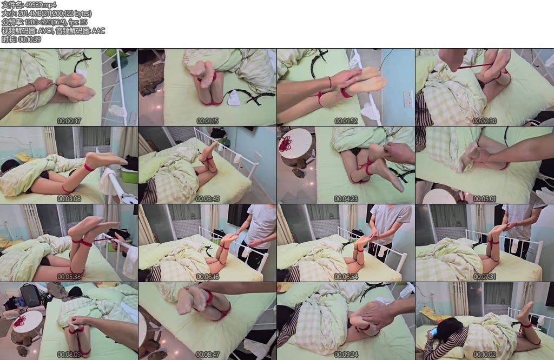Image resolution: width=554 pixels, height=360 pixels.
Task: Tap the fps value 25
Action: pos(83,22)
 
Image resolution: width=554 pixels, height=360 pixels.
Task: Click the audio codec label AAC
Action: pos(98,31)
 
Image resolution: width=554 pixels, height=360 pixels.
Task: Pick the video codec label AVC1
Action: pos(45,31)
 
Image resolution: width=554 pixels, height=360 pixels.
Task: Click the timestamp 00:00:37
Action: pos(69,121)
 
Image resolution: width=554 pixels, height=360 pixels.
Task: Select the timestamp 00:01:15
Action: pos(207,121)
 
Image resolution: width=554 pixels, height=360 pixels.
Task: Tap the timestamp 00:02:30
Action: pos(484,121)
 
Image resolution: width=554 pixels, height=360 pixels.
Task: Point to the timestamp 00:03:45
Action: pos(207,199)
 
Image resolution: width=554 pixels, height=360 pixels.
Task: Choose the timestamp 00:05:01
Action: pos(484,199)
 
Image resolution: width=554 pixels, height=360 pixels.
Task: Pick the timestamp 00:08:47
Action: pos(207,355)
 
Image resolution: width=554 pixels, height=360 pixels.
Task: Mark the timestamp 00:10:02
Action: pos(484,355)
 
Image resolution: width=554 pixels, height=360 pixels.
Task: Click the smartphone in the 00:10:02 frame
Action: pos(433,333)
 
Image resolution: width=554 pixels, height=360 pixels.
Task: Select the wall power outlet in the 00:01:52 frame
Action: pos(408,99)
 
